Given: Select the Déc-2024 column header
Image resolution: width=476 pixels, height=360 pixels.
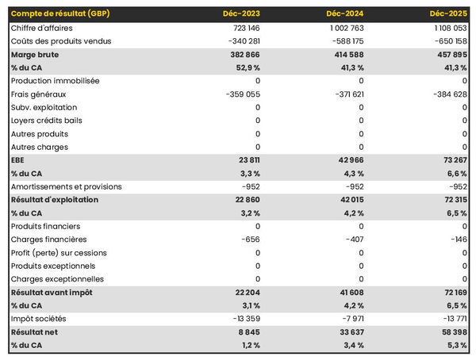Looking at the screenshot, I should tap(346, 14).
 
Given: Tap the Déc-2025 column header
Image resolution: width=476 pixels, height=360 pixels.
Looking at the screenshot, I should tap(449, 14).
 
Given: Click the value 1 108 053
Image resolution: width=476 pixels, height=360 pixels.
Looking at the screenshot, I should tap(446, 28).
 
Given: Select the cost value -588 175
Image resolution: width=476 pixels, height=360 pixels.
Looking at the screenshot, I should tap(344, 41).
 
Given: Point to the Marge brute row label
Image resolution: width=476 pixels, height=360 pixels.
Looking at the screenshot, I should tap(34, 55).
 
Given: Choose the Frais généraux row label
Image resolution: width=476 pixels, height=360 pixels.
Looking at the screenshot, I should tap(39, 94).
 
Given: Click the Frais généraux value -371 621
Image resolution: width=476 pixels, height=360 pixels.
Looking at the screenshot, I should tap(344, 94).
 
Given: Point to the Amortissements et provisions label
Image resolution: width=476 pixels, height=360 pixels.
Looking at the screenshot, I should tap(66, 186).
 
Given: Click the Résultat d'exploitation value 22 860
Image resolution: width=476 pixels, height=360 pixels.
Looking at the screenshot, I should tap(245, 200).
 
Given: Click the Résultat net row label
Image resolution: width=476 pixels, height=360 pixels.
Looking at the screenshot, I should tap(34, 332).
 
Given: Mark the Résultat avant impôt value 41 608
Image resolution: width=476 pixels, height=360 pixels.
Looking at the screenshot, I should tap(348, 293).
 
